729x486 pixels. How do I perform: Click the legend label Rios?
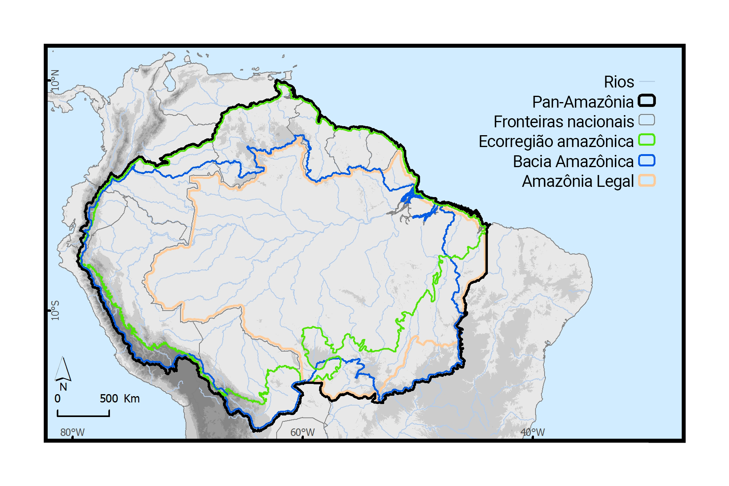point(619,82)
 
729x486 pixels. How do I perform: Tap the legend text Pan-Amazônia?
point(582,102)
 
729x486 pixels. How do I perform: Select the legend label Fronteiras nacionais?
point(563,122)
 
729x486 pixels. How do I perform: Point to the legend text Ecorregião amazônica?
point(556,142)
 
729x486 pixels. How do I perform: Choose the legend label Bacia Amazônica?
point(573,162)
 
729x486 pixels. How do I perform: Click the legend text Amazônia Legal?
point(578,181)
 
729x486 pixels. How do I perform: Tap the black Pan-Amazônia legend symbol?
point(647,101)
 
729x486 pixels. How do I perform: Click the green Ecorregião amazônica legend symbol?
point(647,140)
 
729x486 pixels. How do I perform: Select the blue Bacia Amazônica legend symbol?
point(647,160)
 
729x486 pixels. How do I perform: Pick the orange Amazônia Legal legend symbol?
point(647,181)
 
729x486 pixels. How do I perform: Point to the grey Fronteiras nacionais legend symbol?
point(647,120)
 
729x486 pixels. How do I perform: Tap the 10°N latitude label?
point(55,82)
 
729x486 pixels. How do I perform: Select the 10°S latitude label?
point(55,311)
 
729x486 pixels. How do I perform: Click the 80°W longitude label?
point(73,432)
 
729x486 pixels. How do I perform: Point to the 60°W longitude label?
point(303,432)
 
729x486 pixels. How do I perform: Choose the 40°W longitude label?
point(533,432)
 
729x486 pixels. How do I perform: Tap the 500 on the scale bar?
point(109,398)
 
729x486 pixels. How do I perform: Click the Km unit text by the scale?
point(132,398)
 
